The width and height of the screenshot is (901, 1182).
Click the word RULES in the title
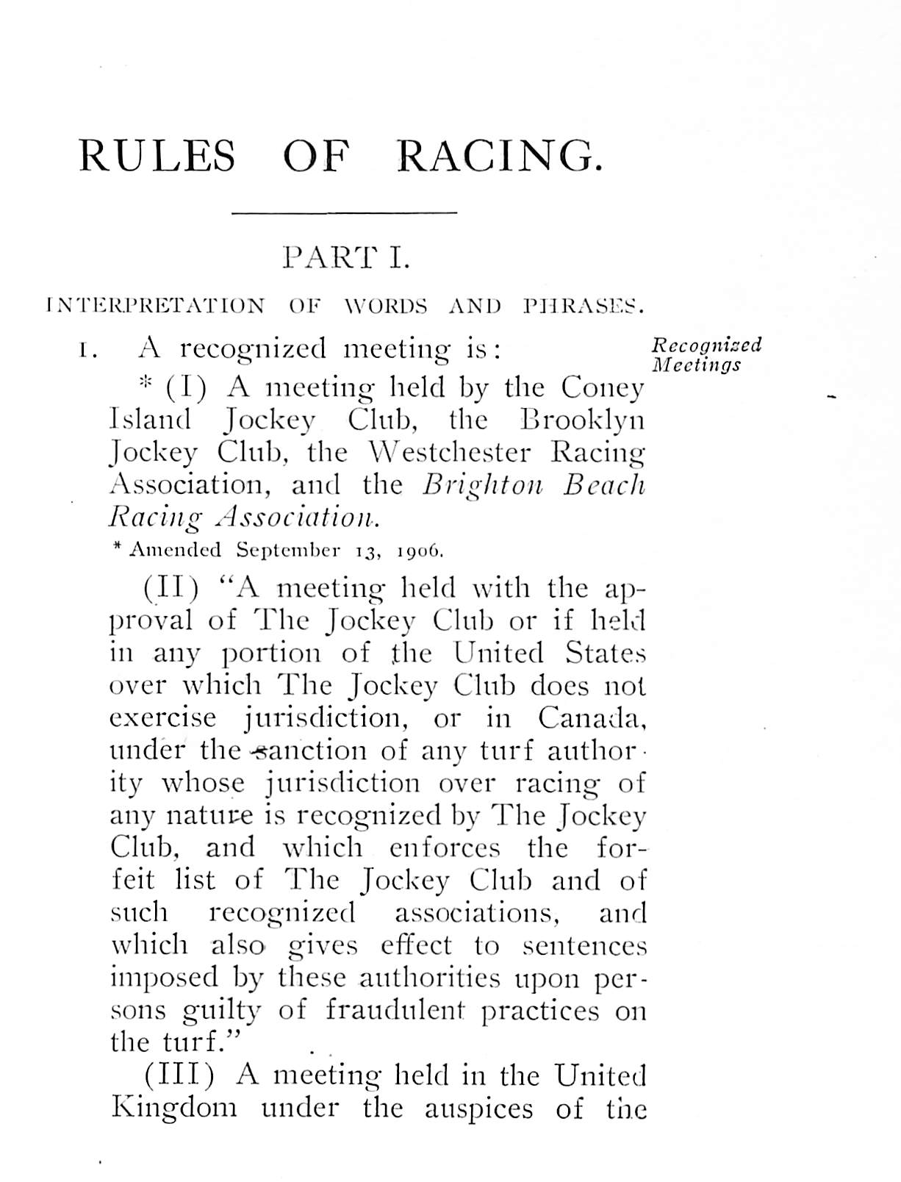[157, 157]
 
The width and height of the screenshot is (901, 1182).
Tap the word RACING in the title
[499, 157]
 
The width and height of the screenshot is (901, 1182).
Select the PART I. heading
[345, 258]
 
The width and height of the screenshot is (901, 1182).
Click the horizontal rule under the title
[344, 214]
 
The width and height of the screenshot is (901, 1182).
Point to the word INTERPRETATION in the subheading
[155, 306]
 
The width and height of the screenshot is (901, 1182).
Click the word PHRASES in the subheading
[584, 306]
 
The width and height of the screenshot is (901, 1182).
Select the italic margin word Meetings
[696, 365]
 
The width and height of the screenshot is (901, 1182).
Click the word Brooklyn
[582, 420]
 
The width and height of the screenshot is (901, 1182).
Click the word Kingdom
[174, 1108]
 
